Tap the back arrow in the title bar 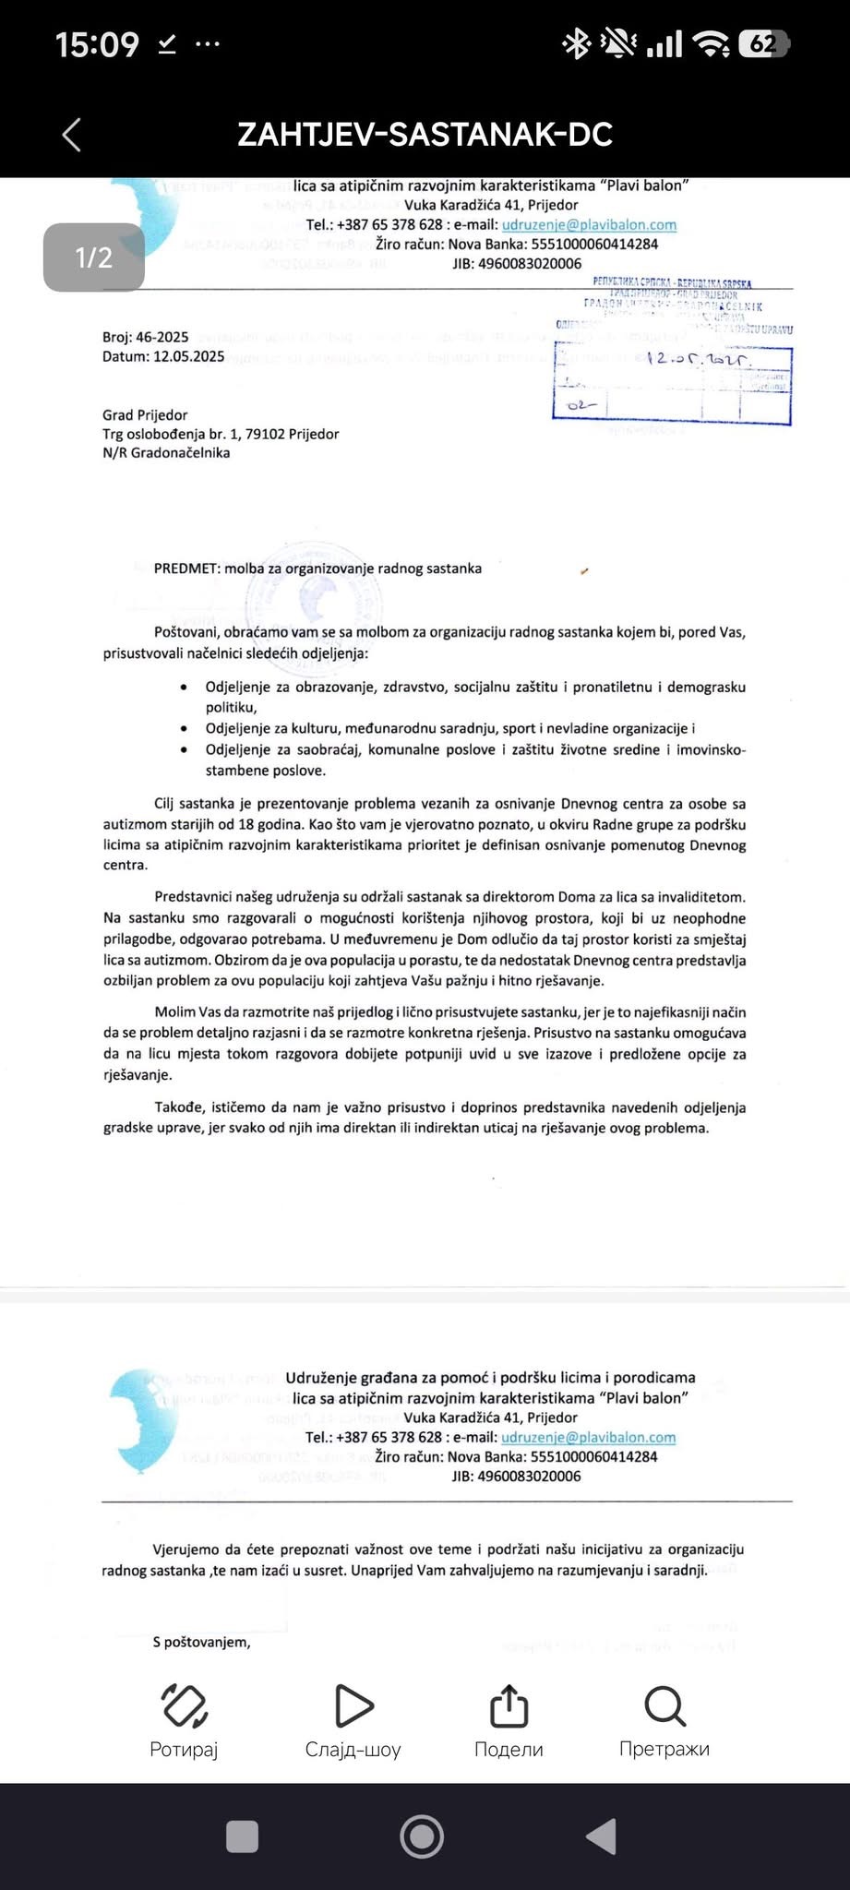click(72, 135)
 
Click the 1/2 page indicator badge click(93, 257)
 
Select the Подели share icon click(509, 1706)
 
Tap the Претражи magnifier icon click(664, 1706)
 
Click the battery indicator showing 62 click(763, 43)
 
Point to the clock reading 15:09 click(97, 44)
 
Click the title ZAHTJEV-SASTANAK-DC click(425, 135)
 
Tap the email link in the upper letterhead click(589, 224)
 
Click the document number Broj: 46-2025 click(146, 338)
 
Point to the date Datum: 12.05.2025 click(163, 356)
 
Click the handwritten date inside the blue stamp click(699, 359)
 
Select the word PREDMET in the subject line click(186, 568)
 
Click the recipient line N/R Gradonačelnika click(166, 453)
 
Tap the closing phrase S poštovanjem click(202, 1642)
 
